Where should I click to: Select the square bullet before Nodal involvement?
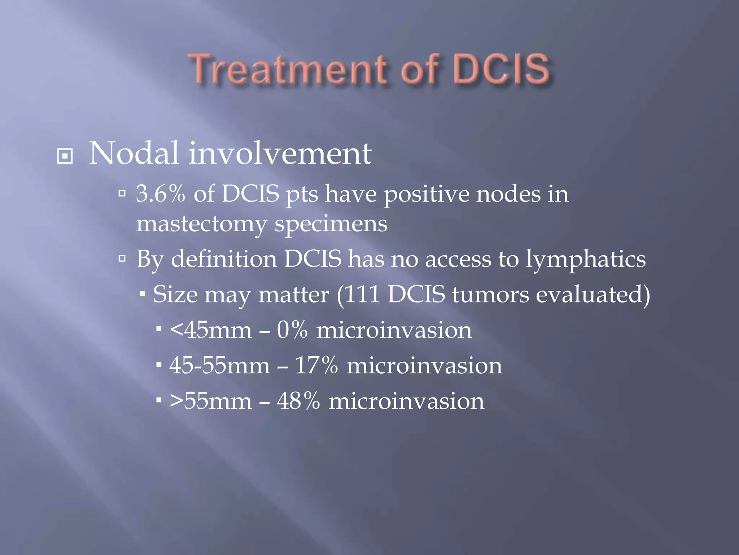click(65, 156)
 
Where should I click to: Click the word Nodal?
click(134, 153)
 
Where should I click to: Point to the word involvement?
click(280, 153)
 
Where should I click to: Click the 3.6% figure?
click(161, 194)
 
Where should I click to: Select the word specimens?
click(331, 224)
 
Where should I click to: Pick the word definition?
click(224, 259)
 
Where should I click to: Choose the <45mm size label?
click(211, 330)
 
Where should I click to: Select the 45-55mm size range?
click(219, 365)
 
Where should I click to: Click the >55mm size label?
click(211, 401)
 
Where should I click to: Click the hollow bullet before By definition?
click(122, 258)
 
